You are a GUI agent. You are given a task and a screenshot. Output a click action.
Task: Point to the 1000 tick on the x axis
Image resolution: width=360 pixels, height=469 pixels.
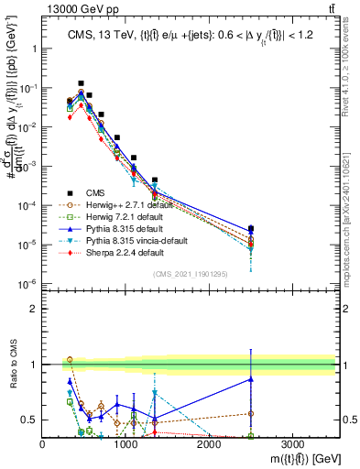tap(125, 442)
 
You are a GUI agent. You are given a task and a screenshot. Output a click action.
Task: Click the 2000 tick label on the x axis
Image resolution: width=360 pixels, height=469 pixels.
tap(209, 442)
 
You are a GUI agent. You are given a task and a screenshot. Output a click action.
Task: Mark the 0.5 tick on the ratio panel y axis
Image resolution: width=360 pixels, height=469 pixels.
tap(31, 420)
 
